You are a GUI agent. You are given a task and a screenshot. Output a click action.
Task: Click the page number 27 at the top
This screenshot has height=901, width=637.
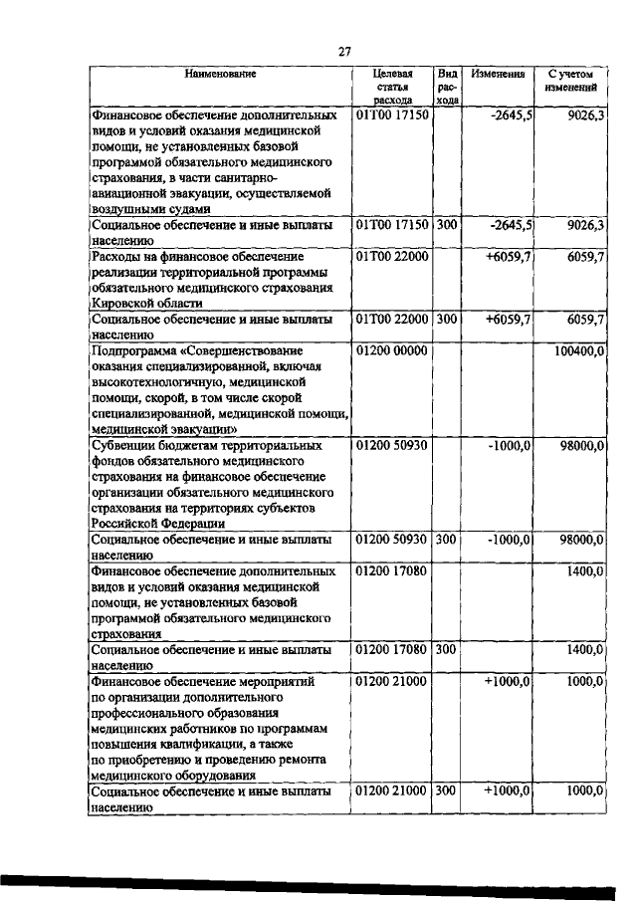pos(344,51)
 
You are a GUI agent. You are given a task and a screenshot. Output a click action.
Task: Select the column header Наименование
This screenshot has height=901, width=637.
pos(219,74)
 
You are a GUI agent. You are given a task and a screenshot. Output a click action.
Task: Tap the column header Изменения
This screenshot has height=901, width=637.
pos(499,74)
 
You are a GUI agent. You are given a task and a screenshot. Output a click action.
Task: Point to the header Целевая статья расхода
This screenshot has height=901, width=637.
pos(393,87)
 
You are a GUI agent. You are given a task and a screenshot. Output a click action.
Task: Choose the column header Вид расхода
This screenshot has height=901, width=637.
pos(448,87)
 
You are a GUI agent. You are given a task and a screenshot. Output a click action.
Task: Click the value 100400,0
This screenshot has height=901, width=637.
pos(580,352)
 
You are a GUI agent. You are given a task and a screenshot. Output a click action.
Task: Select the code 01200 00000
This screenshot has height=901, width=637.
pos(391,352)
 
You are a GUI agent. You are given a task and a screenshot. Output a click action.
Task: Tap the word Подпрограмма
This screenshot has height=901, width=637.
pos(129,352)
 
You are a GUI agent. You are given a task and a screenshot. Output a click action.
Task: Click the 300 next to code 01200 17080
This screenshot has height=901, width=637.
pos(447,650)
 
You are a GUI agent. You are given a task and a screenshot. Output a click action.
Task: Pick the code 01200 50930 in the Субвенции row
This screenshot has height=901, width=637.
pos(391,446)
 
